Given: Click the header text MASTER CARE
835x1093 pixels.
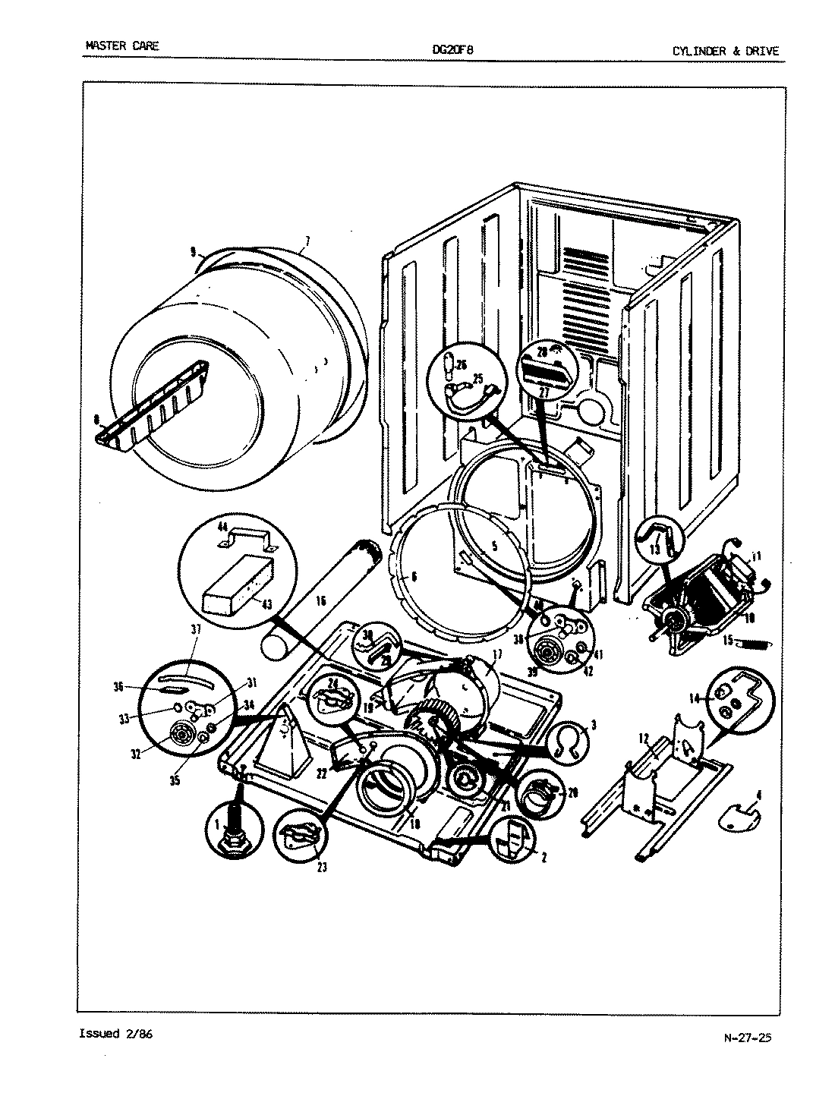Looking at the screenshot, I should tap(121, 46).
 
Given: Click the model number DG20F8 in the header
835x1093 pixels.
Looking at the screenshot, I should tap(453, 51).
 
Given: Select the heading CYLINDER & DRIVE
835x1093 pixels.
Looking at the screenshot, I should tap(725, 52).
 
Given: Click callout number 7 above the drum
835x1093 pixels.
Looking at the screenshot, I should tap(307, 242).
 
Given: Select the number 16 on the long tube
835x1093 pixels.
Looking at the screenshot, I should tap(320, 600).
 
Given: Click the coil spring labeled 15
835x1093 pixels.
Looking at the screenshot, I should tap(757, 644).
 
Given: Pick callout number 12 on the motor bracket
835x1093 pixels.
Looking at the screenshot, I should tap(642, 738).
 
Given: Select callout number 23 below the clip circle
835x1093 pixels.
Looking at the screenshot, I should tap(322, 868).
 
